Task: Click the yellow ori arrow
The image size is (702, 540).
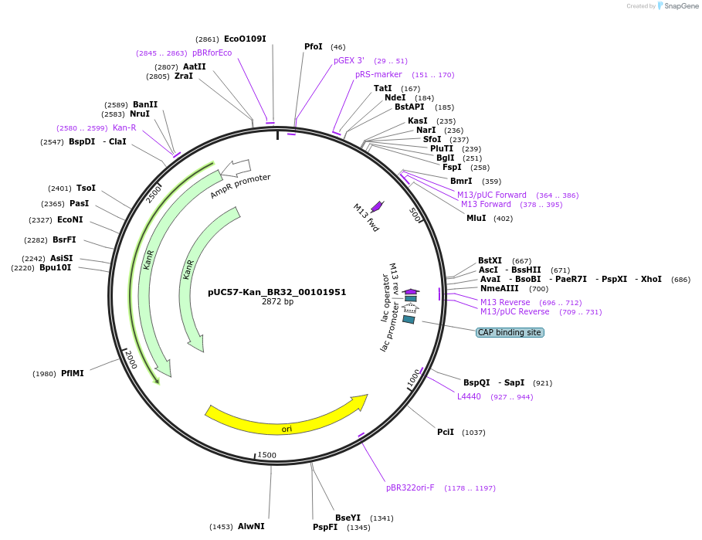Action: pos(287,418)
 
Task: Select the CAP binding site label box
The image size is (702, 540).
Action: pos(510,332)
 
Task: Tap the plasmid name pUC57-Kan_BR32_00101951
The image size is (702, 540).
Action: pos(276,292)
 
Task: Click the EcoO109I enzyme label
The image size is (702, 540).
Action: pos(245,39)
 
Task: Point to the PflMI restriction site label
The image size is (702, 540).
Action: pos(73,373)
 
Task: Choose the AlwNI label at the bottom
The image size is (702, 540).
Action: pos(251,526)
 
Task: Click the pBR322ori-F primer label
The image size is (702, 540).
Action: pos(410,487)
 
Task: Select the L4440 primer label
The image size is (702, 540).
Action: pos(469,396)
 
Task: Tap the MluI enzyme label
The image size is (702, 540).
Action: pos(476,218)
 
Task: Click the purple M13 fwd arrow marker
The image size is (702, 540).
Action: pos(377,206)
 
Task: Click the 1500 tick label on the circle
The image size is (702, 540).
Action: pos(266,455)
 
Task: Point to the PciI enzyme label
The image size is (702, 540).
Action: pos(446,432)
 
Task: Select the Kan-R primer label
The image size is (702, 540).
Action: pos(124,127)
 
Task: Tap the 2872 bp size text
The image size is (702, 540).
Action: pos(277,301)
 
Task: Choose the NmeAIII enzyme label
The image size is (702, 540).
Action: pos(500,288)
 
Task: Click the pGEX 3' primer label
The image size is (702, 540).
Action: pos(349,60)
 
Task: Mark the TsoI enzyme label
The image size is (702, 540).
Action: pos(86,188)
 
